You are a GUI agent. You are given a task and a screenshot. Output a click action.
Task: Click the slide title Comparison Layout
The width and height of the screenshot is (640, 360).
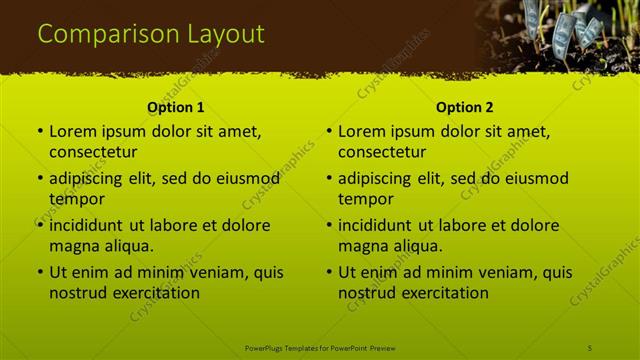pos(151,34)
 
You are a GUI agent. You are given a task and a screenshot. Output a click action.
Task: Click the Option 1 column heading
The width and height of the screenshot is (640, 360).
pos(175,107)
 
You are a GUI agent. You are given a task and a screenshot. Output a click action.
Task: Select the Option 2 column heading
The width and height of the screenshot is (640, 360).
pos(465,107)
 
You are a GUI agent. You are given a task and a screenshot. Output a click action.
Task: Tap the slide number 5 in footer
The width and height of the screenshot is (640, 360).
pos(591,347)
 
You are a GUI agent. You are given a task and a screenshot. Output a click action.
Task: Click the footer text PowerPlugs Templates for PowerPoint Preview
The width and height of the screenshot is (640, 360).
pos(320,347)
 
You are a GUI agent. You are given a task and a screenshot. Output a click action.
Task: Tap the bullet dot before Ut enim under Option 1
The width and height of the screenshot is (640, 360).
pos(40,272)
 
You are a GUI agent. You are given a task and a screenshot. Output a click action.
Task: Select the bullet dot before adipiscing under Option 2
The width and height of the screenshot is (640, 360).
pos(329,178)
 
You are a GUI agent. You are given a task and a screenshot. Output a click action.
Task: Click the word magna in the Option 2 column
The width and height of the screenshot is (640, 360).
pos(362,246)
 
